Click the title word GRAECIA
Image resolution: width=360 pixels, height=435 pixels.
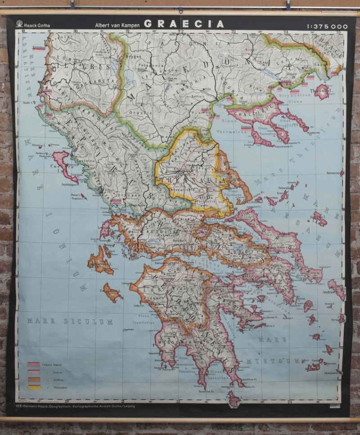click(184, 24)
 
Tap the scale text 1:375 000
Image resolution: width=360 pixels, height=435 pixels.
click(328, 27)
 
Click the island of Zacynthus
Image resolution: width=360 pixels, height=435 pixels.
click(112, 293)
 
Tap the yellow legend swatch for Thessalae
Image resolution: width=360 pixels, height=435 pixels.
click(34, 387)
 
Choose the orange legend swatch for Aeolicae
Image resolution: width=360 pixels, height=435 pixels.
click(34, 379)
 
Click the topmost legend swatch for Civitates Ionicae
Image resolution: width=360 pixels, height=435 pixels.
click(34, 364)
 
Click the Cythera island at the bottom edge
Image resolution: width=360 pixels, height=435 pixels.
click(233, 399)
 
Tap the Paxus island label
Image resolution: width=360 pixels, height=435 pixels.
click(76, 195)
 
